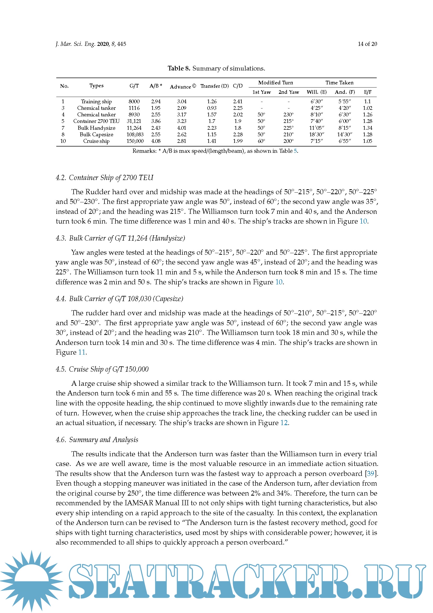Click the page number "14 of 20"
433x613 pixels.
pyautogui.click(x=367, y=44)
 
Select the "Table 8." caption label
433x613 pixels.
pyautogui.click(x=179, y=68)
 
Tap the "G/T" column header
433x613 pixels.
pyautogui.click(x=134, y=86)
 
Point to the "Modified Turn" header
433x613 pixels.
pyautogui.click(x=275, y=83)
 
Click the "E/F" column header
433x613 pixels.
pyautogui.click(x=367, y=92)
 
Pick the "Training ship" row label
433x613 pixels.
pyautogui.click(x=96, y=101)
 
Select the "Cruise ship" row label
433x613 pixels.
pyautogui.click(x=96, y=141)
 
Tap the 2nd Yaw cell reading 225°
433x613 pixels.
pyautogui.click(x=288, y=128)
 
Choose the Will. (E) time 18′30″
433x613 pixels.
pyautogui.click(x=317, y=134)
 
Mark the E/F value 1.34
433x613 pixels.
pyautogui.click(x=367, y=128)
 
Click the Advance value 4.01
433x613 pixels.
pyautogui.click(x=182, y=128)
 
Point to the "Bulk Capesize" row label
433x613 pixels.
pyautogui.click(x=96, y=134)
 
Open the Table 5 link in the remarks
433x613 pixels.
pyautogui.click(x=295, y=151)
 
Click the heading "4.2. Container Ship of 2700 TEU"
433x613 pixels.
pyautogui.click(x=104, y=177)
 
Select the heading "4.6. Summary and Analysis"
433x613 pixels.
pyautogui.click(x=97, y=440)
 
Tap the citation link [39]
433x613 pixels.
pyautogui.click(x=371, y=473)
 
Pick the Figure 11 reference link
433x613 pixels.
pyautogui.click(x=82, y=352)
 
